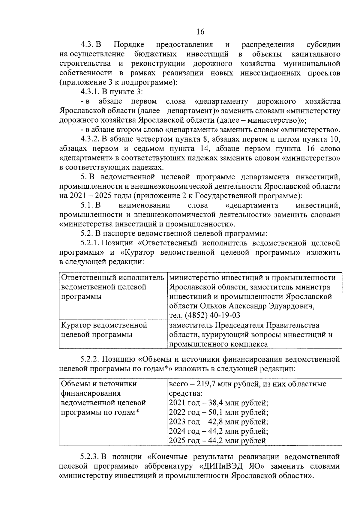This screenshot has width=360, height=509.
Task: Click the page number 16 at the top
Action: (200, 31)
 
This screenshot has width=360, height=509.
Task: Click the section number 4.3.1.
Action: (90, 92)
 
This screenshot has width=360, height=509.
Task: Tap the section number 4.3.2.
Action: (90, 139)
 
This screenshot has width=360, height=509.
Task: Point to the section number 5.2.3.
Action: (90, 457)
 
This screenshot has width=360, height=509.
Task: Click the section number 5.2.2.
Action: (90, 359)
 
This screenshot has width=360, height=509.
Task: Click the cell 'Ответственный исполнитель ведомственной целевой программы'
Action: (112, 287)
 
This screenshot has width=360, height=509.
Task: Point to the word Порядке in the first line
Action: (129, 45)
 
